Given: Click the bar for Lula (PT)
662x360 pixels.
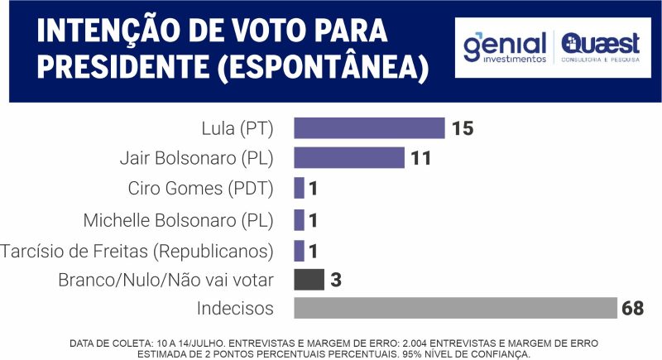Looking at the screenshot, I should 370,128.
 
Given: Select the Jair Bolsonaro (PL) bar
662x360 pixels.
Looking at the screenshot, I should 349,158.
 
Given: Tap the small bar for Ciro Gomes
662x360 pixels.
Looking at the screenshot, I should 300,189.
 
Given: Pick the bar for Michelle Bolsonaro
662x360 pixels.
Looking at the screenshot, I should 300,219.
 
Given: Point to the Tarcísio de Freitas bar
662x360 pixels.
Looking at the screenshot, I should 300,250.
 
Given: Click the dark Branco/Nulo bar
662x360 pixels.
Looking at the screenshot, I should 309,280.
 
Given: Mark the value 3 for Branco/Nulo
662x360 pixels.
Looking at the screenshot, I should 336,280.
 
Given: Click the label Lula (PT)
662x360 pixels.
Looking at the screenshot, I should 237,128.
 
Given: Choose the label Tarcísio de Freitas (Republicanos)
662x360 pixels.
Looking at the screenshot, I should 137,250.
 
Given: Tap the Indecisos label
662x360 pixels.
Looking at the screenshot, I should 235,309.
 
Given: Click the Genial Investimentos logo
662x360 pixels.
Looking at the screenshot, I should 505,47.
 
